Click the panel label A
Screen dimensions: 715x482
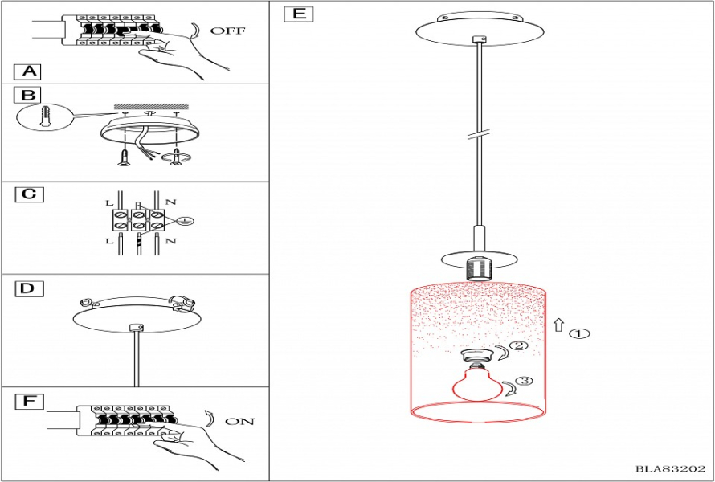coord(28,71)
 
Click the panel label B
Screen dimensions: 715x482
coord(28,95)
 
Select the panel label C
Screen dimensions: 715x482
coord(28,194)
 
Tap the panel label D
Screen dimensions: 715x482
coord(29,289)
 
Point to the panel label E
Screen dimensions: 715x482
coord(298,14)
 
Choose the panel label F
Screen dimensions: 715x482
coord(28,402)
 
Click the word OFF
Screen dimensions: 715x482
coord(227,31)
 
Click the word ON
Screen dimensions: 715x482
coord(239,422)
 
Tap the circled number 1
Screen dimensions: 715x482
coord(579,333)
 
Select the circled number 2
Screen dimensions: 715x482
coord(518,345)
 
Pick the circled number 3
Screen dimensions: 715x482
coord(523,380)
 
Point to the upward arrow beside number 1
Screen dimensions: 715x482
coord(559,325)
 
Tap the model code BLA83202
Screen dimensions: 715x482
coord(670,469)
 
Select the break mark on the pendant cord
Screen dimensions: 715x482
coord(479,133)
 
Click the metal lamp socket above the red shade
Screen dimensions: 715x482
coord(478,268)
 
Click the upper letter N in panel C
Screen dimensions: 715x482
coord(170,201)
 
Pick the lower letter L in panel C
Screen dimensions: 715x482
coord(109,240)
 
